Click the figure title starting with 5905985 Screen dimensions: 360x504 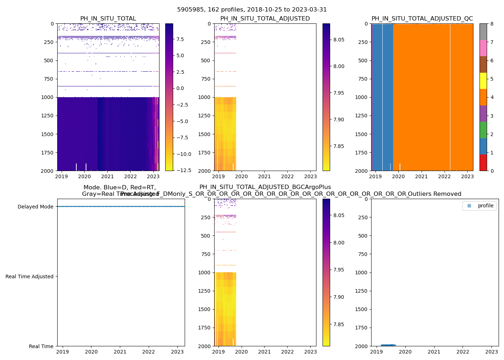point(252,10)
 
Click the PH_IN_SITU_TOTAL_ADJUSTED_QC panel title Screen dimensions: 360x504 point(422,19)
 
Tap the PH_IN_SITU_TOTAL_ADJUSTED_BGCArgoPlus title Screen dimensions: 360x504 point(265,187)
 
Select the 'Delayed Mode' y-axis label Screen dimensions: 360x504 point(35,207)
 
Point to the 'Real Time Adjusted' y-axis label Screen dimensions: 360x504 point(29,276)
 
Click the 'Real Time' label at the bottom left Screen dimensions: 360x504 point(41,346)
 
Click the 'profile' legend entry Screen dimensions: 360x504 point(485,206)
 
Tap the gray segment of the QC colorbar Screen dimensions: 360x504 point(483,32)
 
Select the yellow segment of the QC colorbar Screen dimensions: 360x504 point(483,81)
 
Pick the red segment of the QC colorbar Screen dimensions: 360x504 point(483,163)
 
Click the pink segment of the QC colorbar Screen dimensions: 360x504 point(483,48)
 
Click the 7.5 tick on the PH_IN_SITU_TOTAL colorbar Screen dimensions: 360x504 point(180,39)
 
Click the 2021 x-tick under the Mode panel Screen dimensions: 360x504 point(120,352)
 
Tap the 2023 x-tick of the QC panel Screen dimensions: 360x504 point(467,176)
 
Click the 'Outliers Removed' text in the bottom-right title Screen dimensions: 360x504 point(434,194)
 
